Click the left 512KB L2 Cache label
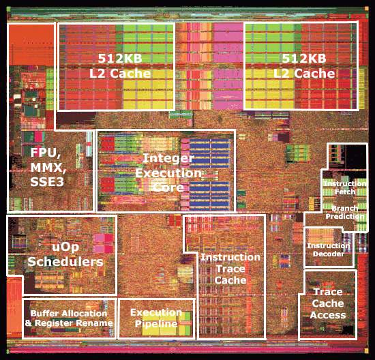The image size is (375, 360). point(120,65)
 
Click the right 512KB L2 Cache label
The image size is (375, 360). point(304,65)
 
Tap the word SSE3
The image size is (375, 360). point(47,182)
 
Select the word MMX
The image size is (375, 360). point(48,168)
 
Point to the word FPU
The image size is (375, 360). point(45,153)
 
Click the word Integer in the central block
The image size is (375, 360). point(168,158)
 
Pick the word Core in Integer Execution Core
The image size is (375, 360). point(168,187)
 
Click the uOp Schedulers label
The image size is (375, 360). point(65,255)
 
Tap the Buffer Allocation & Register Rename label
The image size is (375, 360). point(69,318)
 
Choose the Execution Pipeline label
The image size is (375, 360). point(156,318)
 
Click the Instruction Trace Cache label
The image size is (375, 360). point(230,269)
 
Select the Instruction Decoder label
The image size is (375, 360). point(329,250)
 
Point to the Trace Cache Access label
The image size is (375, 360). point(328,303)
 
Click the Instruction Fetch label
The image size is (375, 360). point(345,187)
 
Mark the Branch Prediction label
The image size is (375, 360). point(345,213)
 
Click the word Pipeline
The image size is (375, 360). point(156,324)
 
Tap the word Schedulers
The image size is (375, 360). point(65,261)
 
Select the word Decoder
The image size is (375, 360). point(329,254)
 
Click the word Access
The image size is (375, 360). point(328,315)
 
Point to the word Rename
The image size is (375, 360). point(93,323)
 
